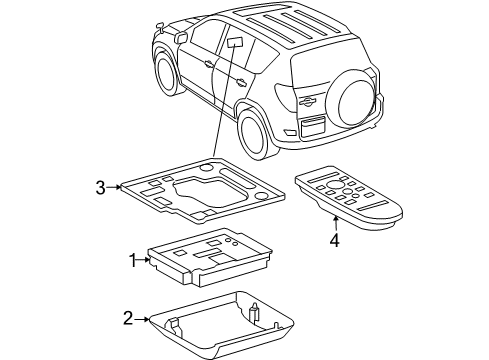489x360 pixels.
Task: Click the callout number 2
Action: [127, 318]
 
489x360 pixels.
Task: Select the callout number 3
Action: [100, 186]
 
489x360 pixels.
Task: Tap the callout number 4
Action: [335, 239]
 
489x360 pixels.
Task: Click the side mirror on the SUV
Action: [180, 38]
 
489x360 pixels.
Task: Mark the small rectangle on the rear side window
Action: [238, 42]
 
